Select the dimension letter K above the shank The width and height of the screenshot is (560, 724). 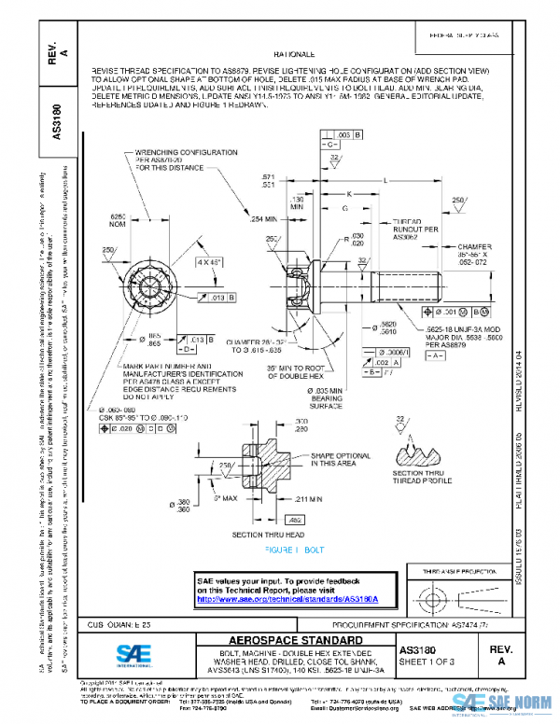[348, 194]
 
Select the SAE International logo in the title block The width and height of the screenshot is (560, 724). [142, 654]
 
